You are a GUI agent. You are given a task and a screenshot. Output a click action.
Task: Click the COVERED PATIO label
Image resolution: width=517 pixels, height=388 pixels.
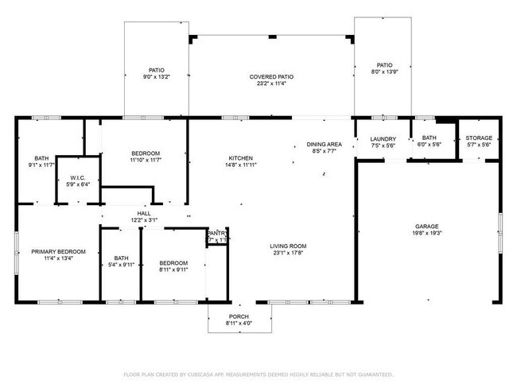pyautogui.click(x=271, y=77)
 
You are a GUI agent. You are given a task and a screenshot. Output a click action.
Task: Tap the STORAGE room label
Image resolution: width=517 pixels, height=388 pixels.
pyautogui.click(x=479, y=138)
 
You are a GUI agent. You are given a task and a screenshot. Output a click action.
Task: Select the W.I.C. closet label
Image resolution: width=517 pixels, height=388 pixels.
pyautogui.click(x=77, y=177)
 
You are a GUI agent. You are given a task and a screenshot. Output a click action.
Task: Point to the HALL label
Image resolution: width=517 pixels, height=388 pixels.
pyautogui.click(x=143, y=213)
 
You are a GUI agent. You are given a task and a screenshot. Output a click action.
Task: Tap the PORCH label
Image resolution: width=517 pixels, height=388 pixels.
pyautogui.click(x=239, y=316)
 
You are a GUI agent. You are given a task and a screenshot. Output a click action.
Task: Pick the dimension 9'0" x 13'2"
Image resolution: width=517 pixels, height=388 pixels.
pyautogui.click(x=156, y=77)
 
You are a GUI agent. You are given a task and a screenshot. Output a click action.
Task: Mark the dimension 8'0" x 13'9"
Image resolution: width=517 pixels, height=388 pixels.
pyautogui.click(x=384, y=72)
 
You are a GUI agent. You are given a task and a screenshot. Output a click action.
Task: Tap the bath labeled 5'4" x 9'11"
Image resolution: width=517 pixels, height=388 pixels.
pyautogui.click(x=121, y=261)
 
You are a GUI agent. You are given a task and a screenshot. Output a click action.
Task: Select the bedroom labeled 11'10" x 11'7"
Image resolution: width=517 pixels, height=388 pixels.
pyautogui.click(x=146, y=157)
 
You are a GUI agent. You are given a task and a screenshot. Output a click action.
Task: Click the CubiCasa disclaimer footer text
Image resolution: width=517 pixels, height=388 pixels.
pyautogui.click(x=258, y=374)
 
